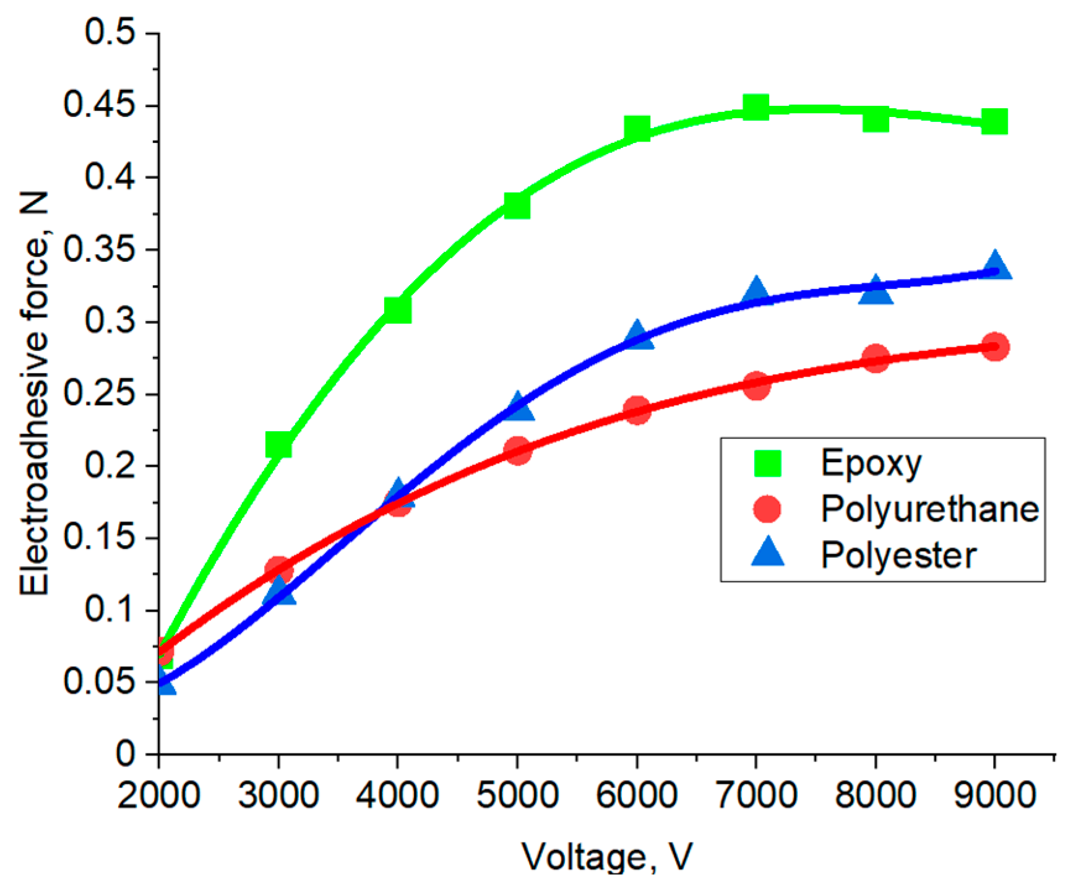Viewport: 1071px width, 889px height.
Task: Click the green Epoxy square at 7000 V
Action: (755, 107)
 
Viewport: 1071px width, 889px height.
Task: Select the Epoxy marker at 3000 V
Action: (278, 444)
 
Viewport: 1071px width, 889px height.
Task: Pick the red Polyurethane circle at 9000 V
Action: (995, 346)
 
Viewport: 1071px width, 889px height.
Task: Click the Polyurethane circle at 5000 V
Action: (518, 450)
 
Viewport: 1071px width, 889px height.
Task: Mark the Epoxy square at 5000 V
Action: (517, 205)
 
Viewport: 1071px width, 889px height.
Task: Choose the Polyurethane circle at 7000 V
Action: (756, 385)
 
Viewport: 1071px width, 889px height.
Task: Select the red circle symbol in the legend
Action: (767, 509)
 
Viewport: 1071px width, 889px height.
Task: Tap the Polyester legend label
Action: (898, 555)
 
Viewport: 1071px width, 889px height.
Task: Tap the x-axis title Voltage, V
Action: (606, 857)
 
